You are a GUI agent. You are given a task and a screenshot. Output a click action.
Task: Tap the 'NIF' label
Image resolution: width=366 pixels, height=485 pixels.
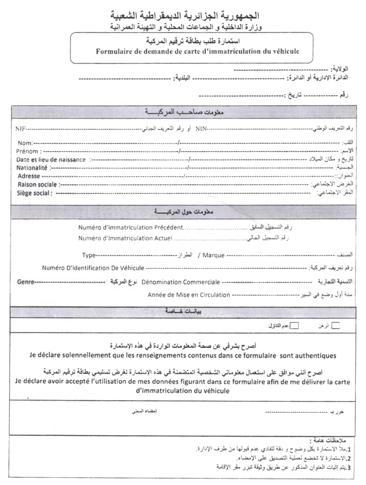point(20,129)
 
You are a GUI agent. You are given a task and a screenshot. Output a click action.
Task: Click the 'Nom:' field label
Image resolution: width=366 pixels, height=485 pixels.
point(25,143)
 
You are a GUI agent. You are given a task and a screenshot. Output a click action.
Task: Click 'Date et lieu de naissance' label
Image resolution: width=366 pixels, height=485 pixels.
point(51,160)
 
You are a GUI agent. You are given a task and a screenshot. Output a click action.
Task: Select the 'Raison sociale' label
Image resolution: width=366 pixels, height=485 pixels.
point(38,184)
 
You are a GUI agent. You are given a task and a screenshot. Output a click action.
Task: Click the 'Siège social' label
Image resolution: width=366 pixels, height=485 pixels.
point(35,193)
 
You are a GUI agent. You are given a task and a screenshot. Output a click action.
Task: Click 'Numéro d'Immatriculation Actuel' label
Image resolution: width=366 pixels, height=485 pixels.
point(125,238)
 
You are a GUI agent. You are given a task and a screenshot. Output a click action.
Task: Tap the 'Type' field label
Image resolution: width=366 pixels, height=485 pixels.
point(89,255)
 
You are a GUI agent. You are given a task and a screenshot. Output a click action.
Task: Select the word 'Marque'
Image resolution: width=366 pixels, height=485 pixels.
point(213,255)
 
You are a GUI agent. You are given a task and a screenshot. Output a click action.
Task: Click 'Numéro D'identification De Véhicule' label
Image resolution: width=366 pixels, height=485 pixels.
point(93,268)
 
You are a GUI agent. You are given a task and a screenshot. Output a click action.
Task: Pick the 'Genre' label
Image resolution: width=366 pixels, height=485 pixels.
point(25,282)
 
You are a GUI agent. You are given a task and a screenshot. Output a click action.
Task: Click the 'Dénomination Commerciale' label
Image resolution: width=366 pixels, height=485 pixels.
point(181,282)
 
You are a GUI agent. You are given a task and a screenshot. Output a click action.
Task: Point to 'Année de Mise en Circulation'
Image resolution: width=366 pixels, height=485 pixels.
point(189,295)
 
